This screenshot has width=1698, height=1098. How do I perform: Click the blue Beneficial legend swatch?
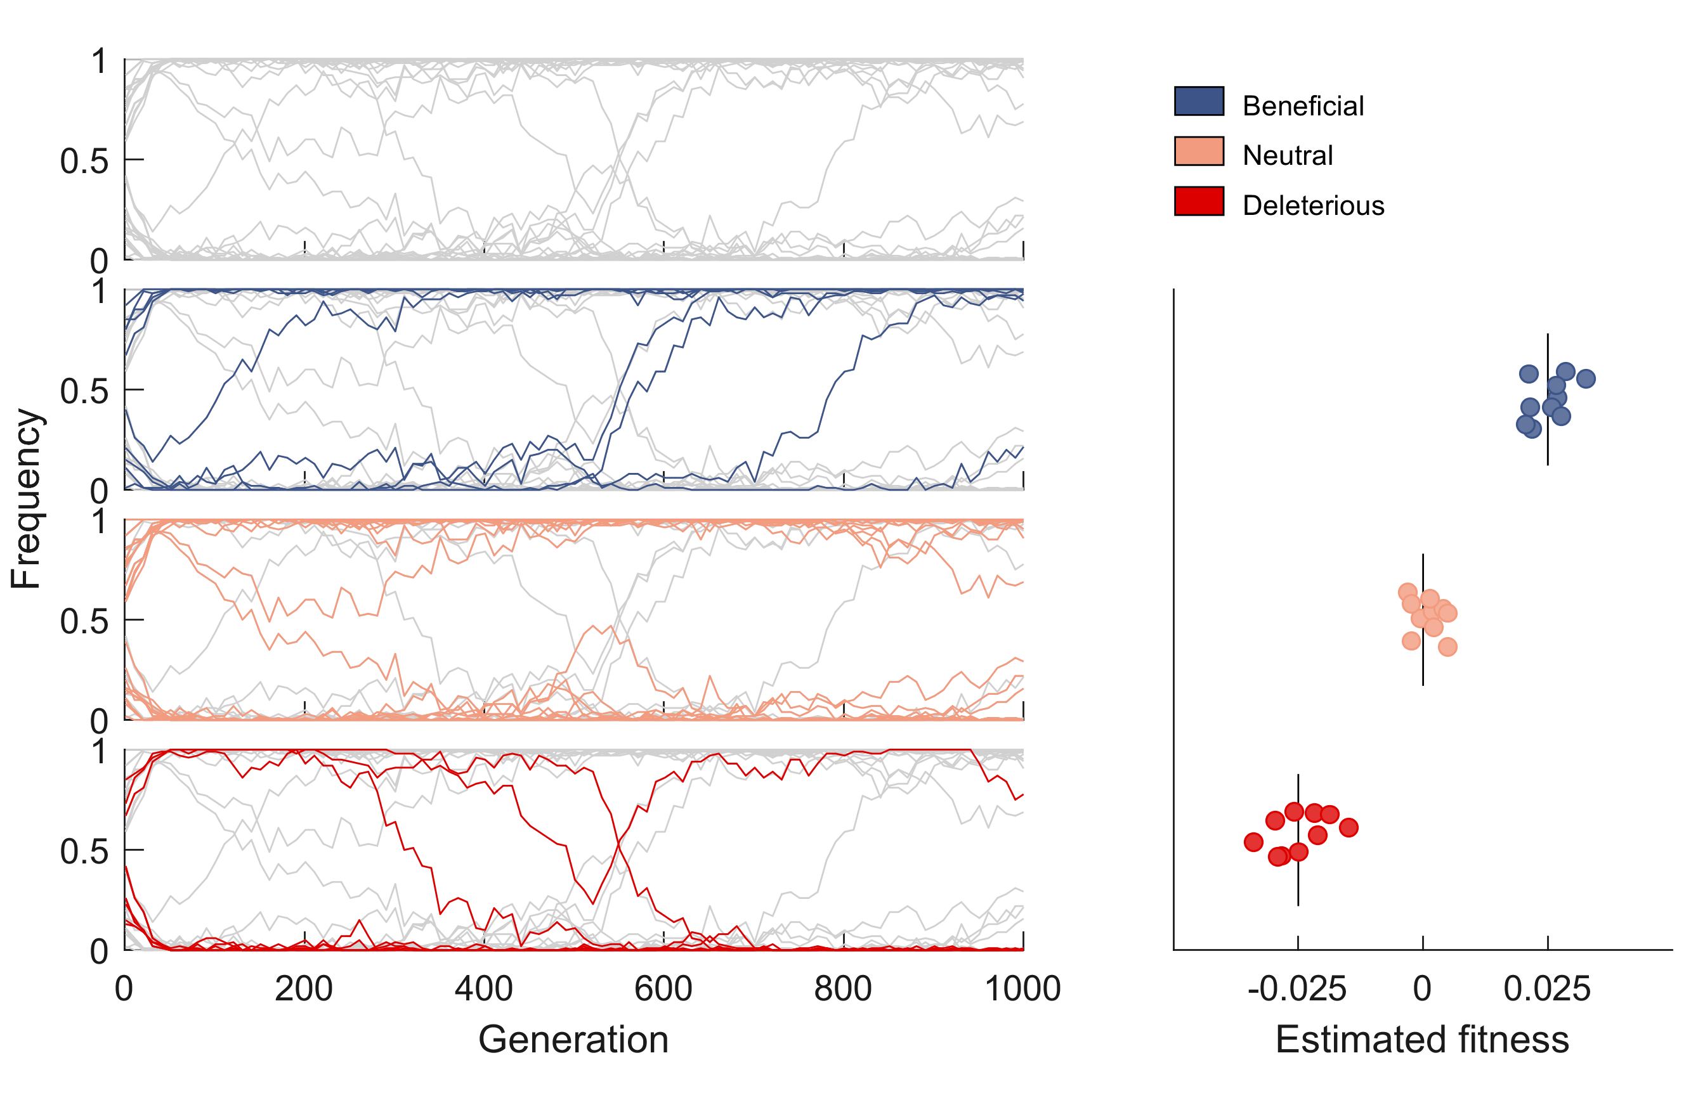[x=1199, y=101]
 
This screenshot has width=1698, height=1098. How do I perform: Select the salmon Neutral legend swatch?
[x=1199, y=151]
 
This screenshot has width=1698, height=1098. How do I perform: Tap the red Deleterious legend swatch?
[x=1199, y=201]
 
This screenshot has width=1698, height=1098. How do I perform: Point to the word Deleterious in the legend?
[x=1312, y=206]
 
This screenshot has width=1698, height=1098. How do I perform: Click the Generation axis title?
[x=573, y=1040]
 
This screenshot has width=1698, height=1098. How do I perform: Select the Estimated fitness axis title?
[x=1422, y=1040]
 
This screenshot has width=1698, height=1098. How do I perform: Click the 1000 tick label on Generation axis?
[x=1022, y=990]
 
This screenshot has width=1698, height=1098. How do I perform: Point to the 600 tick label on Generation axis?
[x=663, y=990]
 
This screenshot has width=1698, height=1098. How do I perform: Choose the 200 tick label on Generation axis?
[x=304, y=990]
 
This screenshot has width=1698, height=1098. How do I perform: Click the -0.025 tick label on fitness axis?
[x=1296, y=990]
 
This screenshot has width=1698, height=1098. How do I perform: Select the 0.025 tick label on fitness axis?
[x=1547, y=990]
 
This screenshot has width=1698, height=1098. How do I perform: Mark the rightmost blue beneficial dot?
[x=1585, y=378]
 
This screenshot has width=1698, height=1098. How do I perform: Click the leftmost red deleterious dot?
[x=1253, y=842]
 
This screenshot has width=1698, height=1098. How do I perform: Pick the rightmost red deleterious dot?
[x=1348, y=828]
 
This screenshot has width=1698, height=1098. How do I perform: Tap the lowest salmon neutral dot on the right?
[x=1447, y=647]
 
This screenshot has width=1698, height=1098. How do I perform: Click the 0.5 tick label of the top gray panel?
[x=84, y=161]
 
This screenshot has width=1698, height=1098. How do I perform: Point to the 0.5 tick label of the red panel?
[x=84, y=851]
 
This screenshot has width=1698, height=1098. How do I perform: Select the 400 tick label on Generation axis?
[x=483, y=990]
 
